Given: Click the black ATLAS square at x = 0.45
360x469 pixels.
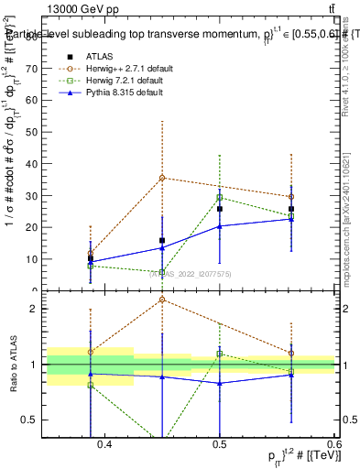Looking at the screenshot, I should tap(162, 241).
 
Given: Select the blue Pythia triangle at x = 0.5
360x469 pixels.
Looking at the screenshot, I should tap(220, 226).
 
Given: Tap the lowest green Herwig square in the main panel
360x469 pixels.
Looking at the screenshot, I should tap(162, 272).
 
